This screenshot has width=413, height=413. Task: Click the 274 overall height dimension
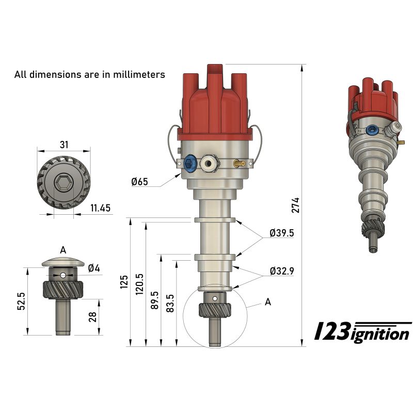[x=296, y=205]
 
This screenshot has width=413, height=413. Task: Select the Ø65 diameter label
[x=140, y=181]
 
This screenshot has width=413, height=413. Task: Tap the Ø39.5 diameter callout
[x=281, y=233]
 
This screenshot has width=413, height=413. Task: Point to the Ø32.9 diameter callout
[x=281, y=270]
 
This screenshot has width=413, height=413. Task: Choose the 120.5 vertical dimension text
[x=139, y=283]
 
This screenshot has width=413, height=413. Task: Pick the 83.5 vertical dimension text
[x=169, y=303]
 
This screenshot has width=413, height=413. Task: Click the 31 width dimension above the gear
[x=63, y=145]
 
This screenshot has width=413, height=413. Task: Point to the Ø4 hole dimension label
[x=93, y=267]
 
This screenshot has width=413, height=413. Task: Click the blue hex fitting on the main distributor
[x=190, y=164]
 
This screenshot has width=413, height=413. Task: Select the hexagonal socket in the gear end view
[x=63, y=183]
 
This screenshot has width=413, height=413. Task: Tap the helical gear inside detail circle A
[x=214, y=311]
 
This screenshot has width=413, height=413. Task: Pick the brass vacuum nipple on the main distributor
[x=239, y=164]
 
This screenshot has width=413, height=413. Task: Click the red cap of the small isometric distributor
[x=368, y=96]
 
